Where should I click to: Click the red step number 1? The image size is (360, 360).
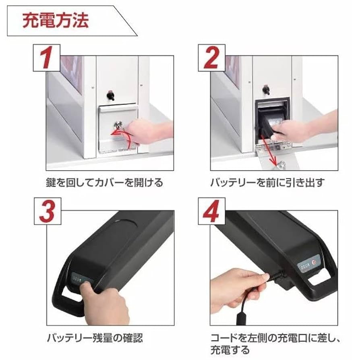[x=48, y=58]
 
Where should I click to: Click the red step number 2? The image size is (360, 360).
[x=213, y=58]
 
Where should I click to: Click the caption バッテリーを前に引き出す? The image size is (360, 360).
[x=267, y=183]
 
